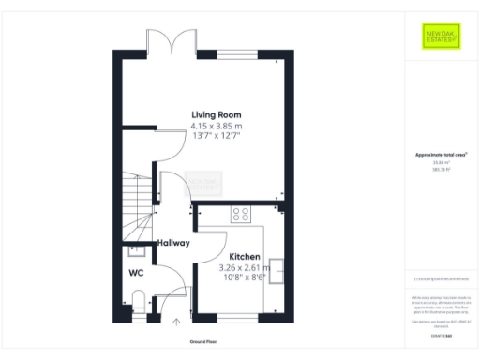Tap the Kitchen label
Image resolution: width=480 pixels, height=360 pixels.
pyautogui.click(x=245, y=256)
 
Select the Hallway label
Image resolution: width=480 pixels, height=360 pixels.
pyautogui.click(x=173, y=243)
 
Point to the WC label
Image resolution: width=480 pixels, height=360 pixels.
pyautogui.click(x=136, y=275)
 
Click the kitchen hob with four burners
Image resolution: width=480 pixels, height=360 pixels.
pyautogui.click(x=241, y=213)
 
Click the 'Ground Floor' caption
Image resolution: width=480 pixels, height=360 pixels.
pyautogui.click(x=203, y=343)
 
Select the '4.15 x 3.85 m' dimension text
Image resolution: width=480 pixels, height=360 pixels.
pyautogui.click(x=217, y=126)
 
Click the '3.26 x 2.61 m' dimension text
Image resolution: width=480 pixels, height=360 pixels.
pyautogui.click(x=244, y=267)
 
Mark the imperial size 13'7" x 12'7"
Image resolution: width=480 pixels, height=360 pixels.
pyautogui.click(x=217, y=136)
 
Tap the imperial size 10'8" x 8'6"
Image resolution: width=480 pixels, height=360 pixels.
pyautogui.click(x=244, y=277)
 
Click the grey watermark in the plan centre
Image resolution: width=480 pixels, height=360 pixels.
pyautogui.click(x=204, y=183)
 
